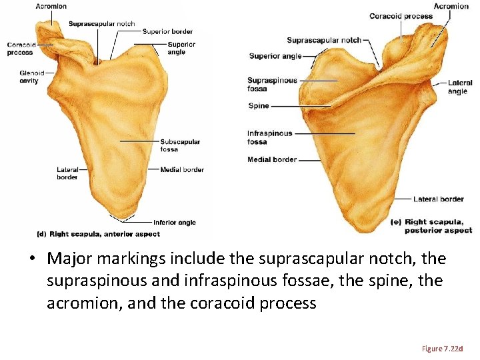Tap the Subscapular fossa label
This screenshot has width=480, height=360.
pyautogui.click(x=180, y=145)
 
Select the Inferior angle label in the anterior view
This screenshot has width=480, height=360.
pyautogui.click(x=174, y=223)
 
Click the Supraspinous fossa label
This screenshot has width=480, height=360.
pyautogui.click(x=272, y=85)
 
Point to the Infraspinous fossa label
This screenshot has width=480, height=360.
pyautogui.click(x=269, y=137)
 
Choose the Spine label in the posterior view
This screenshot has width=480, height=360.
pyautogui.click(x=259, y=106)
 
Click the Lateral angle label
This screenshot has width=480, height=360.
pyautogui.click(x=460, y=87)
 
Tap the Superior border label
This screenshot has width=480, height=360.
pyautogui.click(x=167, y=31)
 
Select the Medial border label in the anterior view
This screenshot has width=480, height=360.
pyautogui.click(x=182, y=170)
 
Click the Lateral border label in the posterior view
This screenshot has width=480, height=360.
pyautogui.click(x=438, y=199)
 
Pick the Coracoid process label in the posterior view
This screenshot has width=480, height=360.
pyautogui.click(x=401, y=16)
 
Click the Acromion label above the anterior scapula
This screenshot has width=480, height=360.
pyautogui.click(x=51, y=6)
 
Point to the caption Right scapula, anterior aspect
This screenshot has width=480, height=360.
pyautogui.click(x=98, y=235)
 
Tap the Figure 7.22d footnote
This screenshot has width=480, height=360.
pyautogui.click(x=442, y=349)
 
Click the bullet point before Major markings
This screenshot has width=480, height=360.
pyautogui.click(x=32, y=259)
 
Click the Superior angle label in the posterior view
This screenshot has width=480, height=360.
pyautogui.click(x=275, y=56)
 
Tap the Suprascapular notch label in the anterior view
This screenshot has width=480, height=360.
pyautogui.click(x=101, y=24)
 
